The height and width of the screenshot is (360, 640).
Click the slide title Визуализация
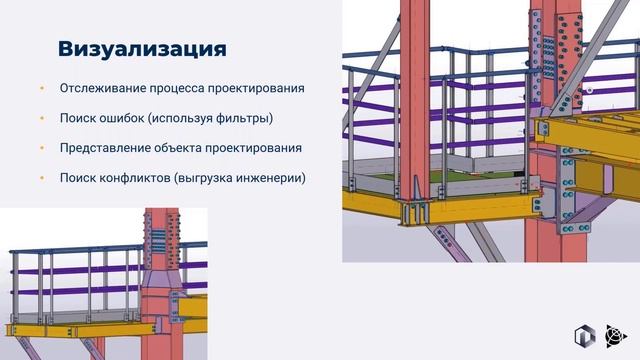pos(141,48)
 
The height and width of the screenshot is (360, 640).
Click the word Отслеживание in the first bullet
pos(105,88)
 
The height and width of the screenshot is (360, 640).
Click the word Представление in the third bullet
pos(108,148)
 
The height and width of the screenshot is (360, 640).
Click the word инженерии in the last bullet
pos(270,178)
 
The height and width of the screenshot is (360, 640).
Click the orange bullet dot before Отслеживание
pos(42,88)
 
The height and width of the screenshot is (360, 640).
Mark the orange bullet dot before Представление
pos(42,148)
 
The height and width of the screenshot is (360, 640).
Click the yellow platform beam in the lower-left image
pos(60,329)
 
